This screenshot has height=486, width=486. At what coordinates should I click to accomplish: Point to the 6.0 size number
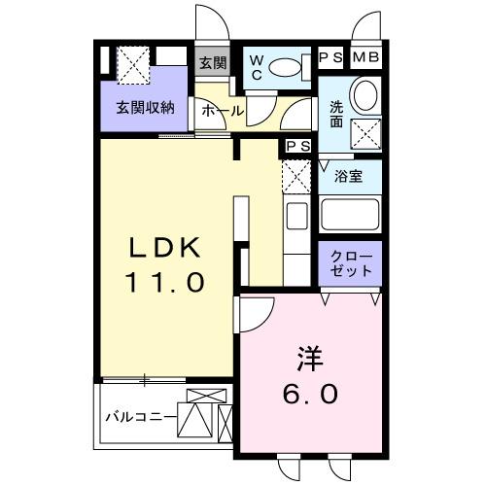click(312, 394)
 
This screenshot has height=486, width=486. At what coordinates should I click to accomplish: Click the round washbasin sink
click(364, 96)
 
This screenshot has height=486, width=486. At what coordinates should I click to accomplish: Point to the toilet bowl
click(286, 68)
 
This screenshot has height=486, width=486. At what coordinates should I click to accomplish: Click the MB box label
click(366, 57)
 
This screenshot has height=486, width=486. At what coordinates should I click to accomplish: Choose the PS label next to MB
click(332, 57)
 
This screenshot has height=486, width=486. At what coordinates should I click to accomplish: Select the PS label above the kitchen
click(297, 147)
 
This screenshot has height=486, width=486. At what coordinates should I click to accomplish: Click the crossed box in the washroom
click(365, 133)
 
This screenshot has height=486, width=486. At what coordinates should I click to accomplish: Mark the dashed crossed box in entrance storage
click(133, 66)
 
